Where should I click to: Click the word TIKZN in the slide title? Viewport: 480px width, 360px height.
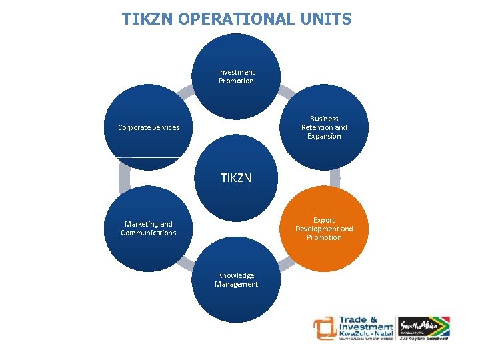(x=143, y=19)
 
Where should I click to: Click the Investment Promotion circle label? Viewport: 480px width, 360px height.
(x=236, y=77)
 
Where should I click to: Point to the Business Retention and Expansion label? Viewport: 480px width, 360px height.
(x=324, y=127)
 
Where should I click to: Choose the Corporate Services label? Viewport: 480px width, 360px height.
(x=149, y=127)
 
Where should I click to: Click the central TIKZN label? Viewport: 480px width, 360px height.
(x=236, y=178)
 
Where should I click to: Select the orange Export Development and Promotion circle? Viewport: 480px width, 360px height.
(x=325, y=229)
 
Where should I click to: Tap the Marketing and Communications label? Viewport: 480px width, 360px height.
(x=149, y=229)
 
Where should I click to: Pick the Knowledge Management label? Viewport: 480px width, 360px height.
(x=236, y=280)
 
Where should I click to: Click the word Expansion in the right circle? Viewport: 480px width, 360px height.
(x=324, y=136)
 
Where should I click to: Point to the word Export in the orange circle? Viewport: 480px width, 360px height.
(x=324, y=220)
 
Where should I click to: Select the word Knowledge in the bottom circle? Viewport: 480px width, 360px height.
(x=236, y=275)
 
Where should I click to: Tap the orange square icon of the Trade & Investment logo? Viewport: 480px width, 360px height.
(x=325, y=328)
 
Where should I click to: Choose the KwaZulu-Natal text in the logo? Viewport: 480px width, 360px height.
(x=366, y=333)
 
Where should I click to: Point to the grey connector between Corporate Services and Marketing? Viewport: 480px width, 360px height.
(x=124, y=178)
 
